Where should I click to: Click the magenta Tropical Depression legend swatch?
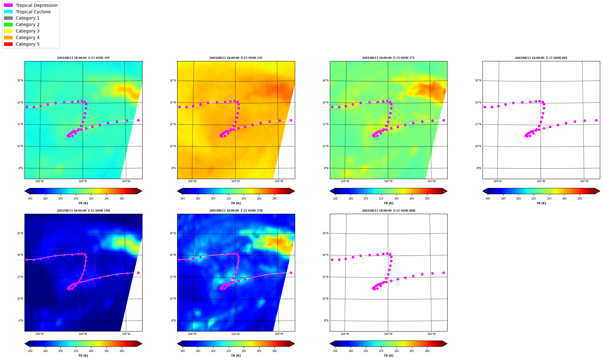[8, 5]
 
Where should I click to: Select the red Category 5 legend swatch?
[8, 44]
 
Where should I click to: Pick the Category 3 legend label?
[28, 31]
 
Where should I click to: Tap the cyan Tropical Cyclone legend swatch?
[8, 12]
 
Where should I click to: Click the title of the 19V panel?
[83, 58]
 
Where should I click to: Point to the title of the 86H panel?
[389, 211]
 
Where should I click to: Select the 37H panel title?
[236, 211]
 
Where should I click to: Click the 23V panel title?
[236, 58]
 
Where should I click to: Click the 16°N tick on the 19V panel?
[20, 81]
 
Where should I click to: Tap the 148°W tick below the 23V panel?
[192, 181]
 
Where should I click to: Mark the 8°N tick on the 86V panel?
[479, 168]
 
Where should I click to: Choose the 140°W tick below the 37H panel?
[279, 334]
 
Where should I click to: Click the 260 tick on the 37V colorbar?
[412, 199]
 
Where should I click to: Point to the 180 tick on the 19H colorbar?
[45, 351]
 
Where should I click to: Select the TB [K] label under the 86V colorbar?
[541, 203]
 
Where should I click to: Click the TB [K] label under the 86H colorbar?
[389, 356]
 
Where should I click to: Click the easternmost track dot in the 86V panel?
[596, 120]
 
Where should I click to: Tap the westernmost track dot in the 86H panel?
[332, 260]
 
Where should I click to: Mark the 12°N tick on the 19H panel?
[20, 277]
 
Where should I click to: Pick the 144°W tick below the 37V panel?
[388, 181]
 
